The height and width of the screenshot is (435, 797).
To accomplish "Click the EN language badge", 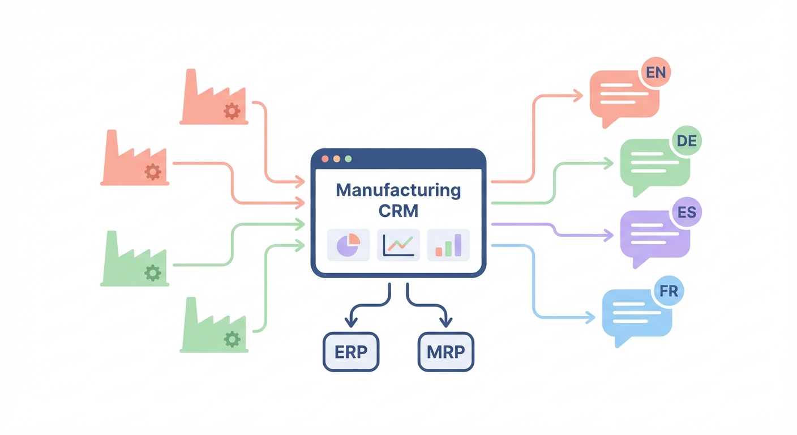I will click(x=655, y=73).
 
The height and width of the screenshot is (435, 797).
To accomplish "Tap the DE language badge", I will click(x=686, y=141).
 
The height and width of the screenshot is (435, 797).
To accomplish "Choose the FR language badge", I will click(x=669, y=291).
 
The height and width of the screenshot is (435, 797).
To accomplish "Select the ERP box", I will click(x=351, y=352).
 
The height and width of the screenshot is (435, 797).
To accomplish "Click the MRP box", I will click(x=445, y=352).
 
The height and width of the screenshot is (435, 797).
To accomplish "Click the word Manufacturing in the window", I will click(x=398, y=190).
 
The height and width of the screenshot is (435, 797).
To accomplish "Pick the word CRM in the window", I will click(x=398, y=211).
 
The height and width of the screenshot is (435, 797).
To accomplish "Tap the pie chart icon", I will click(x=348, y=245).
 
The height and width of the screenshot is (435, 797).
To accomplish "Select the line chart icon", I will click(x=398, y=245).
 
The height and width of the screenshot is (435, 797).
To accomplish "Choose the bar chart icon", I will click(x=448, y=245).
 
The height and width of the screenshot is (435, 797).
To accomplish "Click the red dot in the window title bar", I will click(x=325, y=159).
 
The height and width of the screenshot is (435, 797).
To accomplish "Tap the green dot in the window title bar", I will click(x=348, y=159).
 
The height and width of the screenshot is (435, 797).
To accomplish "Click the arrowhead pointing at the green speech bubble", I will click(x=609, y=164).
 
